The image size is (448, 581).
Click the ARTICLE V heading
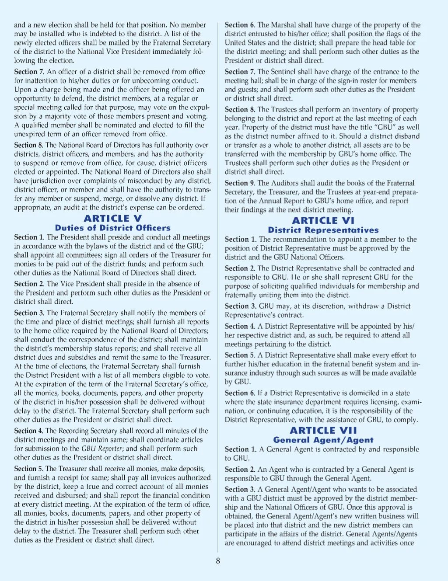point(112,218)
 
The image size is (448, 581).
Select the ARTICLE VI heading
point(323,220)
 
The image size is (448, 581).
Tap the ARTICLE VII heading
point(323,431)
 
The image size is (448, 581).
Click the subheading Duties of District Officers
point(112,228)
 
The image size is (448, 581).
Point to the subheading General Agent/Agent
point(323,440)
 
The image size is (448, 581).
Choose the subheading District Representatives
point(323,230)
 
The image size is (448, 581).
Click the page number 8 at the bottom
point(218,561)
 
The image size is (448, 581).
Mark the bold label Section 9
point(240,183)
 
